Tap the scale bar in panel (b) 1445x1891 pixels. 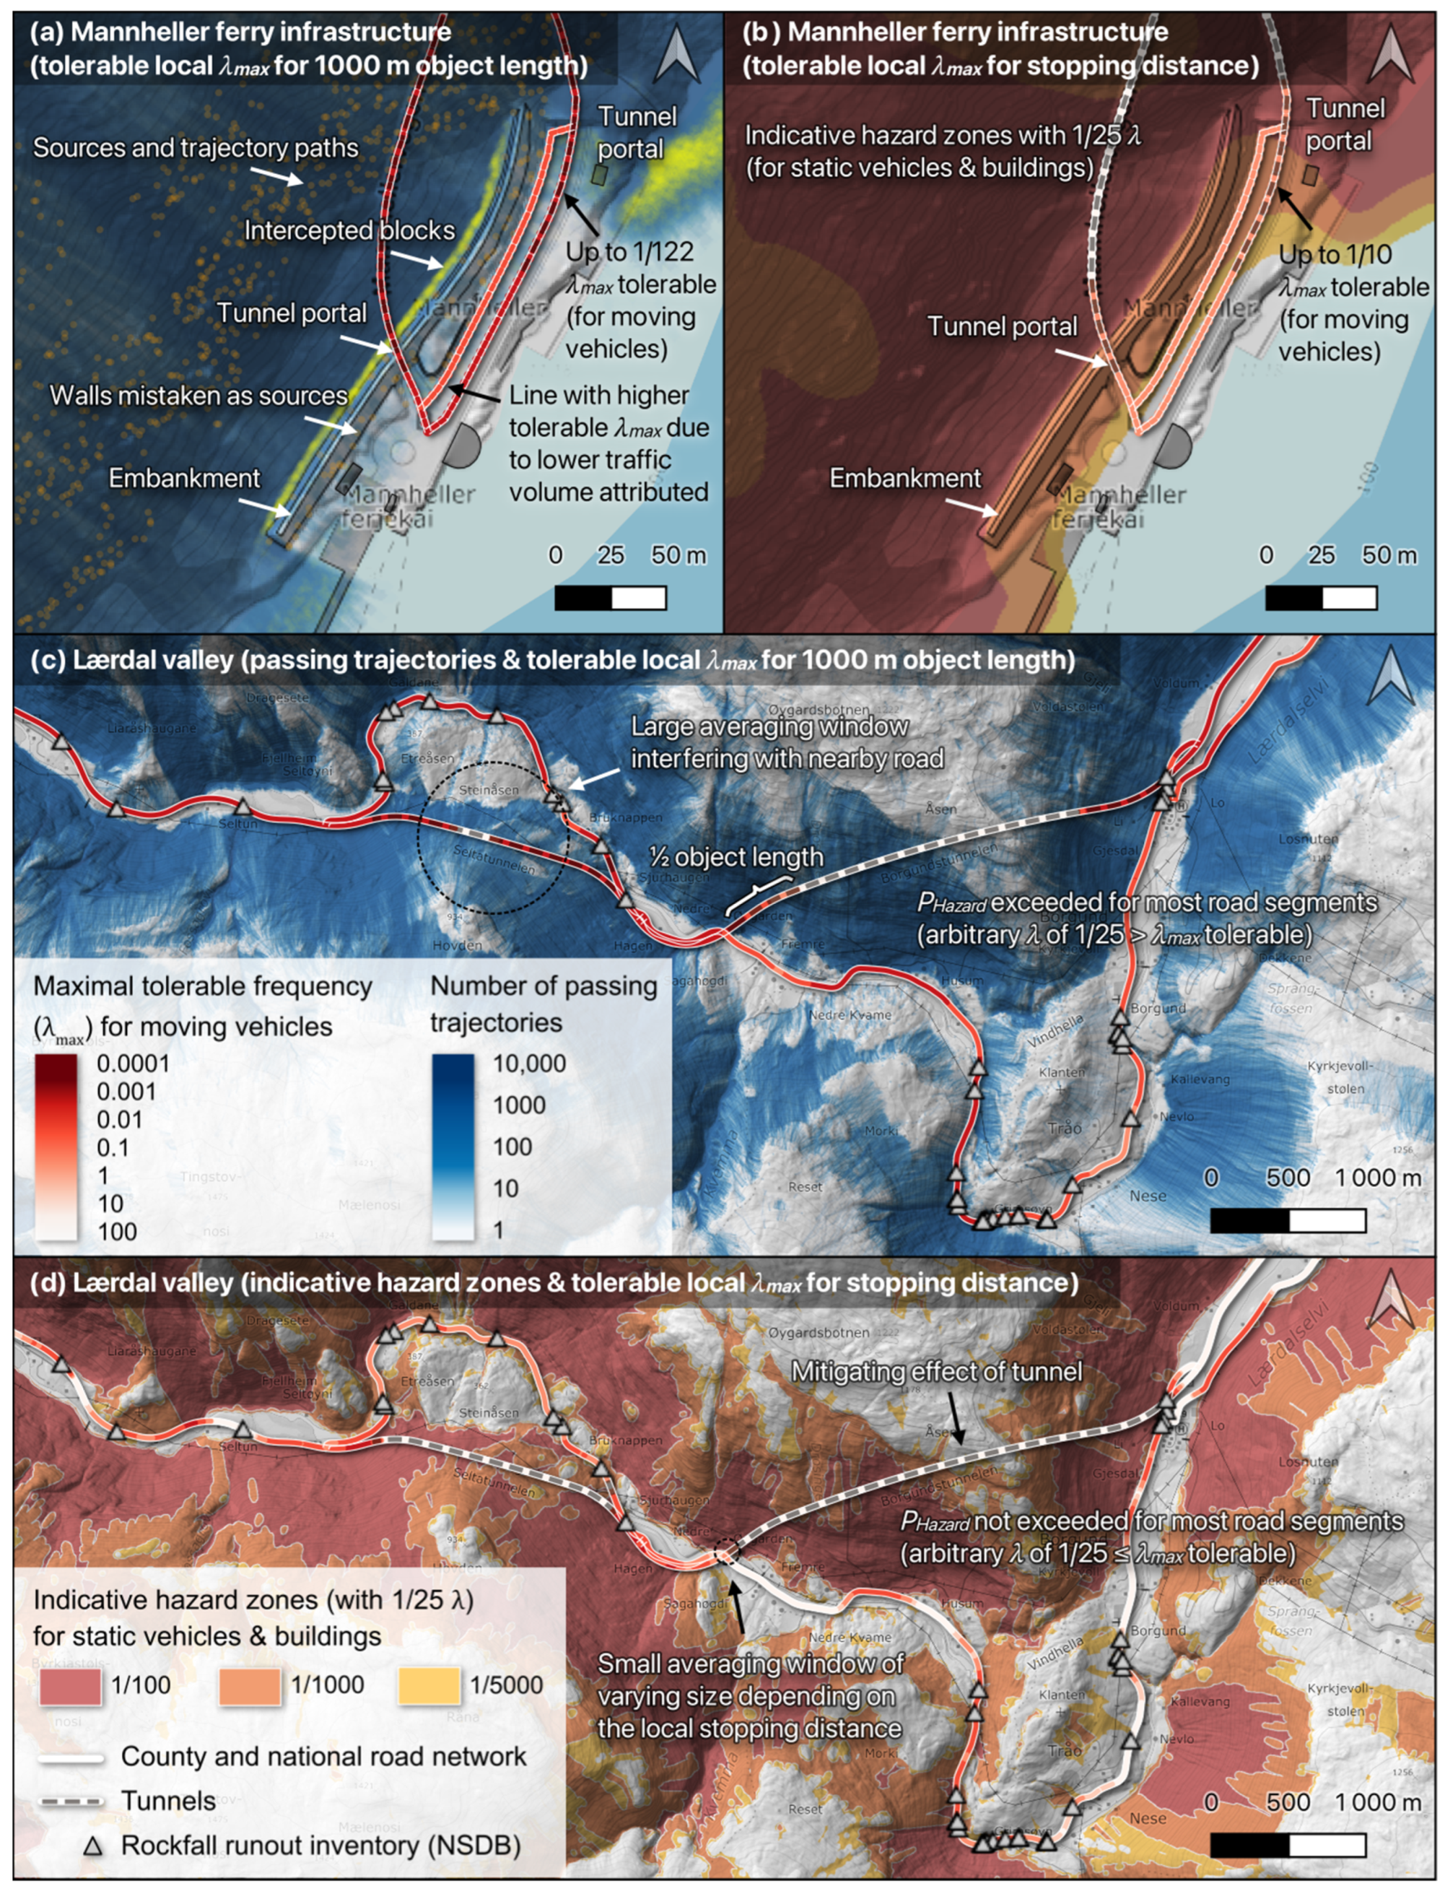coord(1320,597)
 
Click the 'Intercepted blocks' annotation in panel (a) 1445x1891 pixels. coord(349,230)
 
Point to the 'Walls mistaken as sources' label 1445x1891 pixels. coord(199,396)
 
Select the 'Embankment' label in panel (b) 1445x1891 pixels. coord(905,478)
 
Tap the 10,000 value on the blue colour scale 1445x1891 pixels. coord(529,1064)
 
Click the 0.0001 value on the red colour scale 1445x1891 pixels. coord(132,1064)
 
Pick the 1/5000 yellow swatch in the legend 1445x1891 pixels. coord(429,1685)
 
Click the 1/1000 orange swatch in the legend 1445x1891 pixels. coord(249,1685)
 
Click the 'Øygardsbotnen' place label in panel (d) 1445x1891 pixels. coord(818,1333)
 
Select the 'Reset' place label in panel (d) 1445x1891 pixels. coord(805,1809)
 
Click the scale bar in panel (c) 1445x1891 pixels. coord(1287,1220)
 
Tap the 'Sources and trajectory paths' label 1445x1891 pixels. coord(195,148)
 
